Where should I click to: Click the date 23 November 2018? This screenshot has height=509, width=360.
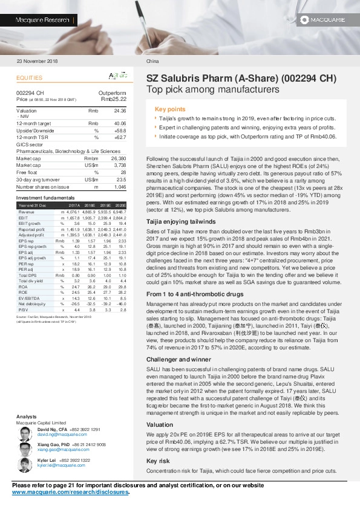pos(38,62)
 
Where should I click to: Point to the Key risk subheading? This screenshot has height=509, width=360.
pos(159,461)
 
